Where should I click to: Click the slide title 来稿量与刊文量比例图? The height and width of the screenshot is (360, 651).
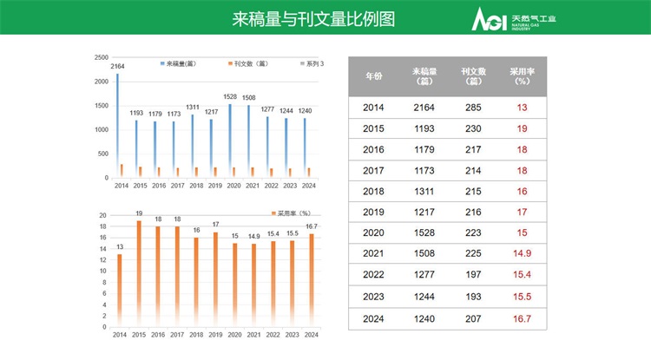[313, 18]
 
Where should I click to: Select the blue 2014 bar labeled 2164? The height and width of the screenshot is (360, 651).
[118, 126]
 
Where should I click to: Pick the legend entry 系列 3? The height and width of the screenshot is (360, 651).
[311, 64]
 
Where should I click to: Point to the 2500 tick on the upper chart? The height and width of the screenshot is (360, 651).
[102, 56]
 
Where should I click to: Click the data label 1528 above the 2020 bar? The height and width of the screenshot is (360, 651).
[230, 96]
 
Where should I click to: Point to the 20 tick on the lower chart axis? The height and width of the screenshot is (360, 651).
[103, 215]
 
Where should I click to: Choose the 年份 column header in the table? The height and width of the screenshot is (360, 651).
[373, 77]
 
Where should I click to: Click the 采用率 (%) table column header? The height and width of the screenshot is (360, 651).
[522, 77]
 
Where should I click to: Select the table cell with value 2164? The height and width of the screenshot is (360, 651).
[424, 108]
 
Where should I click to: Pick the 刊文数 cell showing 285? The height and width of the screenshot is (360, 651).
[473, 108]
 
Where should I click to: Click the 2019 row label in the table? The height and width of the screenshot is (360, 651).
[373, 211]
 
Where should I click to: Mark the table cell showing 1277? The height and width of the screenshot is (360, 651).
[424, 274]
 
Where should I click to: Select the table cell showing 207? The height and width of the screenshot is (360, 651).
[473, 319]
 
